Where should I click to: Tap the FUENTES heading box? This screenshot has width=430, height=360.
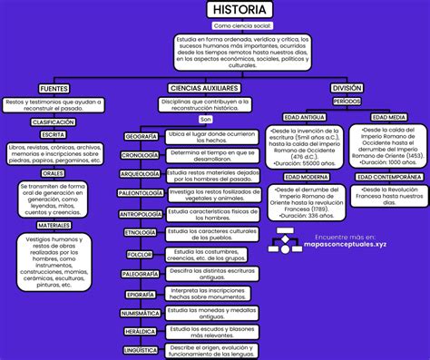point(53,89)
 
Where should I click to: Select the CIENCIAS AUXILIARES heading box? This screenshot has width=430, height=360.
point(203,89)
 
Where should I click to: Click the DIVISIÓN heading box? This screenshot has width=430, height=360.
point(347,88)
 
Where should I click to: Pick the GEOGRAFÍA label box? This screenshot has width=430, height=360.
point(142,136)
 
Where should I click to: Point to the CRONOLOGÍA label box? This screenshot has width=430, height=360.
point(141,155)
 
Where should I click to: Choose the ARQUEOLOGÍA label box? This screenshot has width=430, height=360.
point(141,173)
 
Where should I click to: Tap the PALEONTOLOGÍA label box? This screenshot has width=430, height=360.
point(141,193)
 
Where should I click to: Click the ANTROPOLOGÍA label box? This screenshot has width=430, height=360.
point(141,214)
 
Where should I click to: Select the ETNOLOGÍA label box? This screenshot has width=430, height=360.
point(141,233)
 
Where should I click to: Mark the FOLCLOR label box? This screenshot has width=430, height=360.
point(141,255)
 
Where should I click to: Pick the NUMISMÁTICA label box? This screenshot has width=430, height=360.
point(141,313)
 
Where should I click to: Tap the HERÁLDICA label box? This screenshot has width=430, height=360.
point(141,332)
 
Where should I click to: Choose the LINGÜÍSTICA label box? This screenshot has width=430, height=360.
point(141,349)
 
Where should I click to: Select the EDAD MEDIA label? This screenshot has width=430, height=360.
point(388,118)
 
